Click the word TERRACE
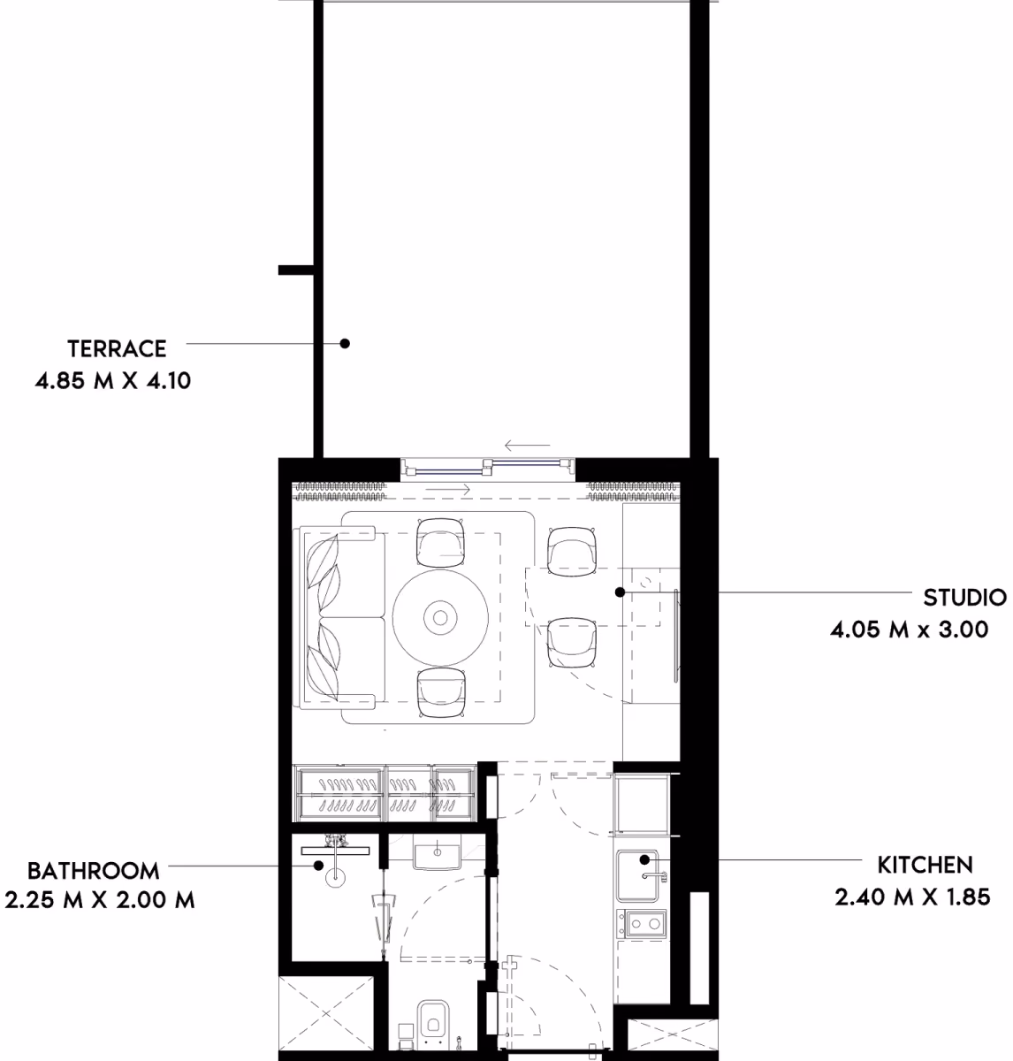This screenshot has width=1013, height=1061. pos(117,349)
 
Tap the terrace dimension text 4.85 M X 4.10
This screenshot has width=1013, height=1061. pos(113,380)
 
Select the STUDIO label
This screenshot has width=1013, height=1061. pos(964,598)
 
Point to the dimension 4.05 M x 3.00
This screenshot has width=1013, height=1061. pos(909,630)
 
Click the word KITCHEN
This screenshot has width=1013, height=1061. pos(925,866)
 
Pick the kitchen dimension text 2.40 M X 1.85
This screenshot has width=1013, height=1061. pos(912,897)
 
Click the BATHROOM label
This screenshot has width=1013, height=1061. pos(93,871)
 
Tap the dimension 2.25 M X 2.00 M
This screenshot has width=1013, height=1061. pos(99,900)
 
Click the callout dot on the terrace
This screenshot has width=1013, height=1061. pos(345,343)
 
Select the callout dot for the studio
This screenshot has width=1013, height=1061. pos(620,592)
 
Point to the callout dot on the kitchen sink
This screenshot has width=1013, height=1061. pos(644,859)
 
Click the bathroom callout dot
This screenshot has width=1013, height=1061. pos(318,866)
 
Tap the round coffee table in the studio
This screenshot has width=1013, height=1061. pos(440,618)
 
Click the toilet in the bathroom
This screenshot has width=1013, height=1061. pos(433,1024)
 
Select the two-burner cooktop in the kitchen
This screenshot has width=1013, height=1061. pos(642,923)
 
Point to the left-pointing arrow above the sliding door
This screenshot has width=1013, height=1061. pos(527,446)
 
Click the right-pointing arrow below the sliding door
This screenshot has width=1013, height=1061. pos(447,490)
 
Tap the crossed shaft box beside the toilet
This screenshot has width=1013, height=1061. pos(326,1014)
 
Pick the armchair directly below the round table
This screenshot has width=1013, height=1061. pos(441,692)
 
